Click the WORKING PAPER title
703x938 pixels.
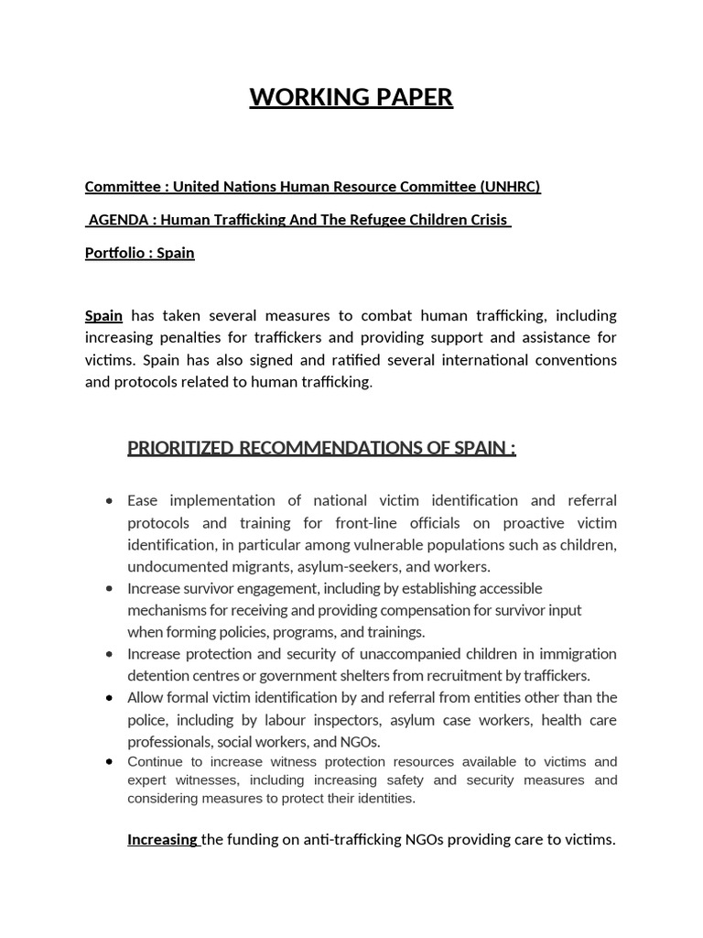pyautogui.click(x=351, y=97)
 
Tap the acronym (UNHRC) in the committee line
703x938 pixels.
pyautogui.click(x=510, y=187)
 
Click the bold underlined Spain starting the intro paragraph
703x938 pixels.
pyautogui.click(x=103, y=315)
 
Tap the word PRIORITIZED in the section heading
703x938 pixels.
pyautogui.click(x=179, y=448)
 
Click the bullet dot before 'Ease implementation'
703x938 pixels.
pyautogui.click(x=110, y=501)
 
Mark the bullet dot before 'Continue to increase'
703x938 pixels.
pyautogui.click(x=110, y=762)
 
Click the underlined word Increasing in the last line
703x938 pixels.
pyautogui.click(x=162, y=839)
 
